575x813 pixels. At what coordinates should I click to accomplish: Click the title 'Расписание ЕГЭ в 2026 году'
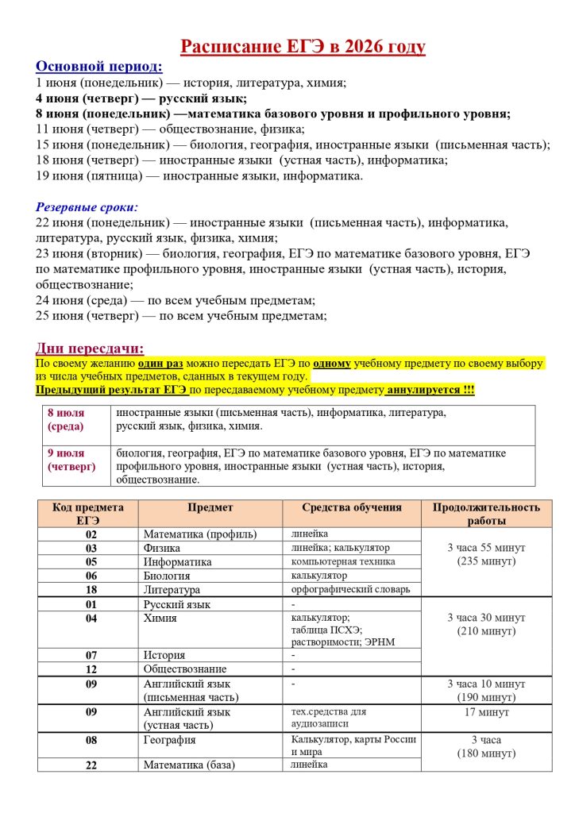[x=303, y=47]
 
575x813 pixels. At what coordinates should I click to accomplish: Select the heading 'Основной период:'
[x=99, y=66]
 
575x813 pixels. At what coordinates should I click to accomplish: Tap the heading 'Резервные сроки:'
[x=87, y=206]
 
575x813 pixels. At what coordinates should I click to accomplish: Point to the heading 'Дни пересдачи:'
[x=90, y=348]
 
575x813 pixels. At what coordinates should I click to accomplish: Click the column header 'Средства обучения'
[x=352, y=507]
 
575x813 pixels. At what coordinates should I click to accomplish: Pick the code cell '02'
[x=91, y=534]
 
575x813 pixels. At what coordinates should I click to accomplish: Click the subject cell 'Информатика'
[x=177, y=562]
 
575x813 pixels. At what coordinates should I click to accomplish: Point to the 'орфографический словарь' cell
[x=350, y=589]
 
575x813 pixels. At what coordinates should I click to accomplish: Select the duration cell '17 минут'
[x=486, y=712]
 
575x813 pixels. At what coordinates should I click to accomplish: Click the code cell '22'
[x=91, y=765]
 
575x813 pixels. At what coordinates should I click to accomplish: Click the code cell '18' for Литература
[x=91, y=590]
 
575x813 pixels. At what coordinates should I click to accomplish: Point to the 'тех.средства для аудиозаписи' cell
[x=329, y=718]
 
